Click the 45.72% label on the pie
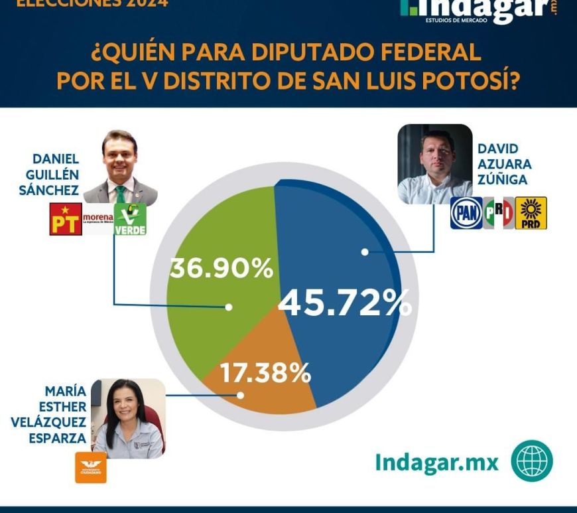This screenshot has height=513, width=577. [345, 304]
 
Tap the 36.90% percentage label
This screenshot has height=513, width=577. [221, 269]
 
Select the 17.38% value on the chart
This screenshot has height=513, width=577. [265, 374]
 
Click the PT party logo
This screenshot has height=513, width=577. [66, 219]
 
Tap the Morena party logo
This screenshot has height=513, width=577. [97, 219]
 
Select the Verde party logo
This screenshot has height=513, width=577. [130, 219]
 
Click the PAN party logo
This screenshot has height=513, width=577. [466, 213]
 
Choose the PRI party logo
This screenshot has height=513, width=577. [498, 213]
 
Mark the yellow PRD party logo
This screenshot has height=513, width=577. [531, 213]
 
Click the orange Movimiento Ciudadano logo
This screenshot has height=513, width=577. [91, 467]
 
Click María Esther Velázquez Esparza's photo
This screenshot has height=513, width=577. [128, 419]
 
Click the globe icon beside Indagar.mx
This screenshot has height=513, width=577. [532, 461]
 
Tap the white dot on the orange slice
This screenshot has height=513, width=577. [241, 395]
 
